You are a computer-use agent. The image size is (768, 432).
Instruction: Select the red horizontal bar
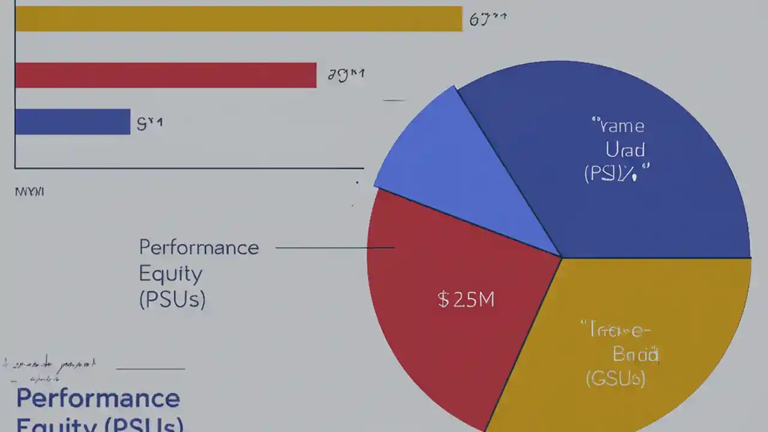pos(166,75)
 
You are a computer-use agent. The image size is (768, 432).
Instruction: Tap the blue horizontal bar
pos(73,122)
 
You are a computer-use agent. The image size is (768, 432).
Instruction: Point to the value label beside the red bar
pos(346,75)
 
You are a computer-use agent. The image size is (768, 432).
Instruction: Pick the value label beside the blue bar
pos(149,124)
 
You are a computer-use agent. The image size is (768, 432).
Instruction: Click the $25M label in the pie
pos(466,299)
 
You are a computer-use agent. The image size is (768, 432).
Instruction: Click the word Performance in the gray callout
pos(199,247)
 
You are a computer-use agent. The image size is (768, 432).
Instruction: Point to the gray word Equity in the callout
pos(170,274)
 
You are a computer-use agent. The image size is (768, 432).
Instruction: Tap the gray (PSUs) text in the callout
pos(172,299)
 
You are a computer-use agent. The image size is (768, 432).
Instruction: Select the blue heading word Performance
pos(98,398)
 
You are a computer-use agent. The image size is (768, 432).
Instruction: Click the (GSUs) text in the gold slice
pos(615,379)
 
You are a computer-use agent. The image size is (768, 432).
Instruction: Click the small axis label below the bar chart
pos(29,192)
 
